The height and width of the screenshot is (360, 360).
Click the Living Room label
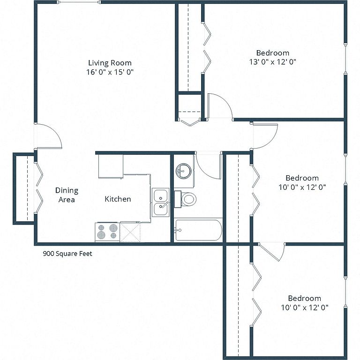(x=110, y=63)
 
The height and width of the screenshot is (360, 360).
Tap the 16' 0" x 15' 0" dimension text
(x=110, y=72)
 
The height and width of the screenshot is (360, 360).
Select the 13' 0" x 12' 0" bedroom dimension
(x=273, y=62)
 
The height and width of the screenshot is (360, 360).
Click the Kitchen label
(x=118, y=199)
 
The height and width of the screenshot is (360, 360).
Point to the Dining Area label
(x=67, y=195)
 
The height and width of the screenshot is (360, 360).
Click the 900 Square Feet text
(x=67, y=254)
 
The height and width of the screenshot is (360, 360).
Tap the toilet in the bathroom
(x=185, y=199)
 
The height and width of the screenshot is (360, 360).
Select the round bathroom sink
(x=183, y=171)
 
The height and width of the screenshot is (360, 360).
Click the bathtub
(x=198, y=230)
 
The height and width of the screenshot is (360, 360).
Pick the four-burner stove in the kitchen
(x=107, y=232)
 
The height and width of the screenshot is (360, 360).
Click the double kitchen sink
(x=161, y=202)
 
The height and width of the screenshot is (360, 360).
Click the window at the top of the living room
(x=79, y=2)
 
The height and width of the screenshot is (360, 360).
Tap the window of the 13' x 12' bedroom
(x=345, y=58)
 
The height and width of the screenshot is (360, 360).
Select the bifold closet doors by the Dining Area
(x=39, y=187)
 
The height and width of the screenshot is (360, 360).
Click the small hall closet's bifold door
(x=190, y=122)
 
